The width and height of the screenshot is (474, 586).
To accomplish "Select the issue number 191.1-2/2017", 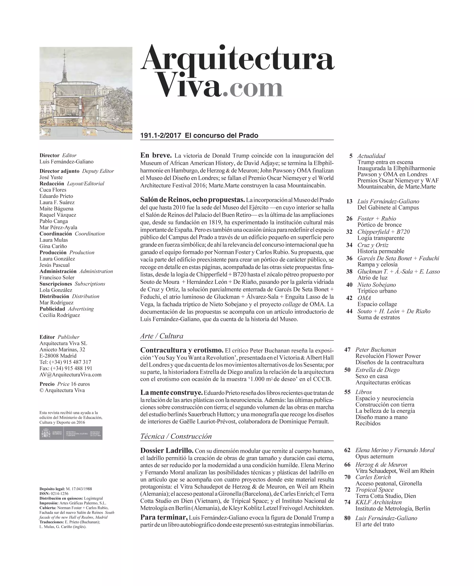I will (160, 136).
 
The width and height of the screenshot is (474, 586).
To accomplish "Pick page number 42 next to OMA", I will (349, 298).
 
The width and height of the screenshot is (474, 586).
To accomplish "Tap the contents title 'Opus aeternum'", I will (374, 456).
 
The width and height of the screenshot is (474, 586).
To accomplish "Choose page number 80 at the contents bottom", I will (347, 518).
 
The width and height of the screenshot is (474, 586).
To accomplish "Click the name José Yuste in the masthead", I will (51, 177).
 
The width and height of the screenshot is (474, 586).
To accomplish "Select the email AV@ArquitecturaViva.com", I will (70, 375).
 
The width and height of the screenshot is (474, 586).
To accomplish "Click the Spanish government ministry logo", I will (71, 433).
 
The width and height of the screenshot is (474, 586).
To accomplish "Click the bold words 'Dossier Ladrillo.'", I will (167, 450).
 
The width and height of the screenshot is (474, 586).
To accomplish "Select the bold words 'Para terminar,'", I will (164, 518).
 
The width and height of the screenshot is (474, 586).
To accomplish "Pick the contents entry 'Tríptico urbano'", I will (377, 291).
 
